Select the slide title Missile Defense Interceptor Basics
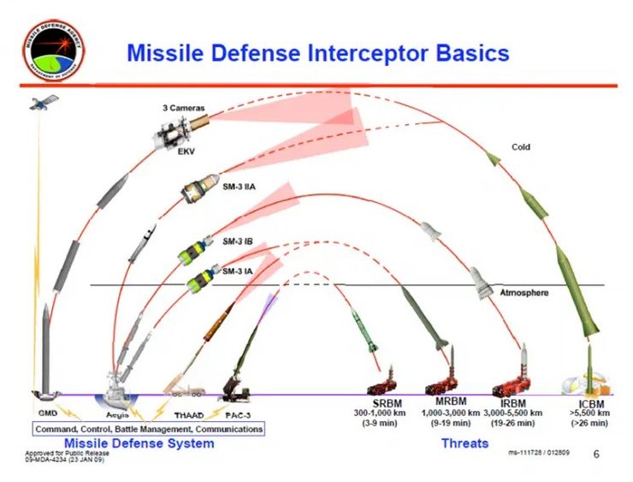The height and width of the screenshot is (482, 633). pos(317,53)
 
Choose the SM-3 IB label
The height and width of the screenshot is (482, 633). pos(237,241)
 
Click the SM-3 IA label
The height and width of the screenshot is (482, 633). pos(237,271)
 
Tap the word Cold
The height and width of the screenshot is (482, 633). pos(521,147)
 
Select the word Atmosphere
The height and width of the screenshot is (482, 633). pos(524,293)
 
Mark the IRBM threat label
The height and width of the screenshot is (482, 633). pos(513,402)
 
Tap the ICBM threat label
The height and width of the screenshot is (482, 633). pos(588,402)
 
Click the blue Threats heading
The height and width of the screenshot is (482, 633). pos(464,443)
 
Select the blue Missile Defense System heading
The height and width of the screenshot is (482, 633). pos(139,443)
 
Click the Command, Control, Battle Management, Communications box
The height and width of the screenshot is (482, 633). pos(149,428)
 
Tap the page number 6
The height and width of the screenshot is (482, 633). pos(596,455)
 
